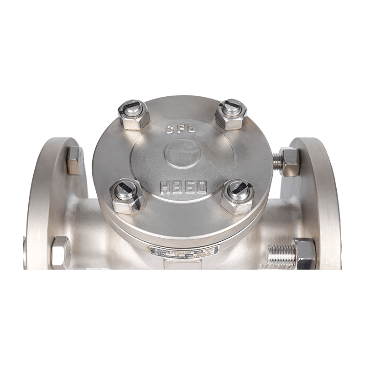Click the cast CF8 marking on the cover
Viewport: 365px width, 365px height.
point(179,130)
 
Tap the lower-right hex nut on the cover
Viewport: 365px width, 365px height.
point(238,196)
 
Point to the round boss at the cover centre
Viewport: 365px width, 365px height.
point(182,155)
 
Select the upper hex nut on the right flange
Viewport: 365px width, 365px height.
point(289,161)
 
